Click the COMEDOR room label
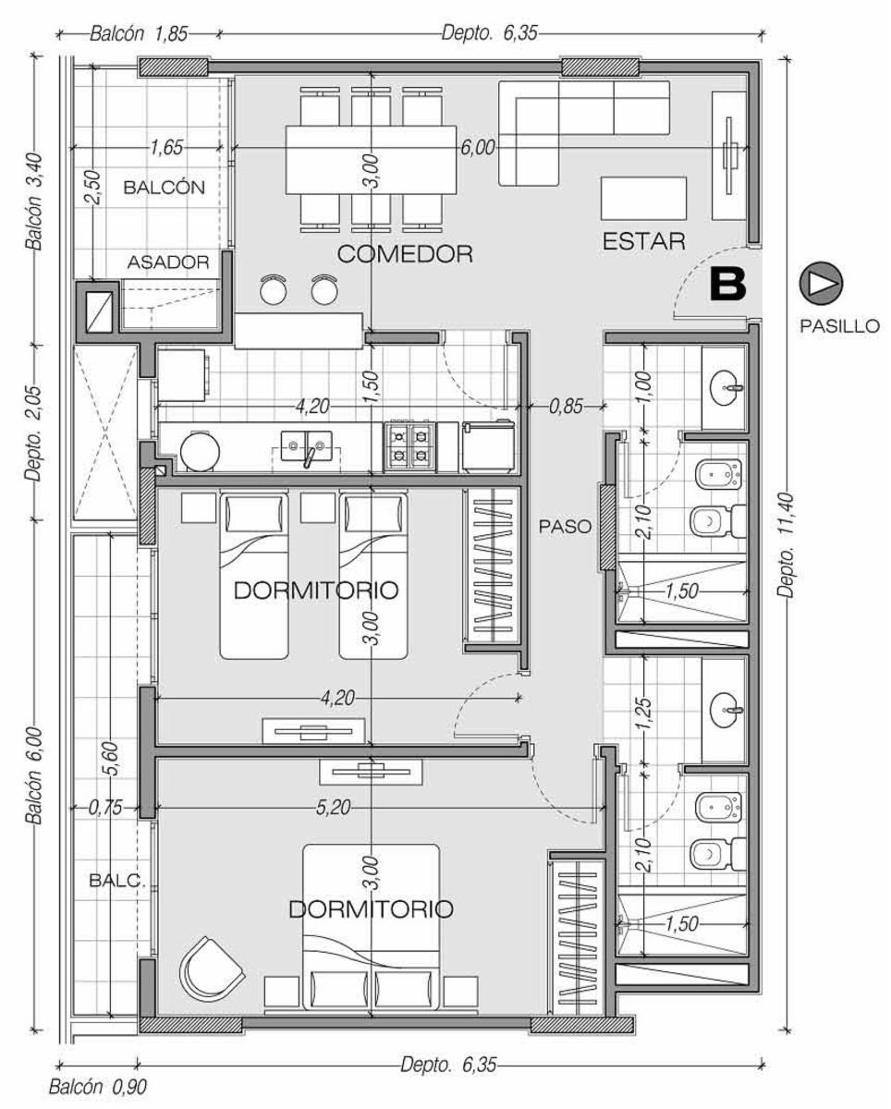tap(405, 254)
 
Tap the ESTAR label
tap(643, 241)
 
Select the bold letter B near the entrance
tap(727, 284)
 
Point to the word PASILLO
tap(839, 325)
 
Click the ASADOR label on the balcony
tap(168, 262)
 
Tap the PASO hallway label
tap(565, 527)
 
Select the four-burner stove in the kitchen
tap(409, 446)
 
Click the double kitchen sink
tap(306, 446)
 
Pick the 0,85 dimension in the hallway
tap(566, 407)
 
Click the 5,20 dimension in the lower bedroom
tap(334, 807)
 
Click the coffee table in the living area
tap(643, 199)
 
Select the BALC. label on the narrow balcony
tap(117, 880)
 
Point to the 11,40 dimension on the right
tap(786, 546)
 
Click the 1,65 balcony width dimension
tap(166, 148)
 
